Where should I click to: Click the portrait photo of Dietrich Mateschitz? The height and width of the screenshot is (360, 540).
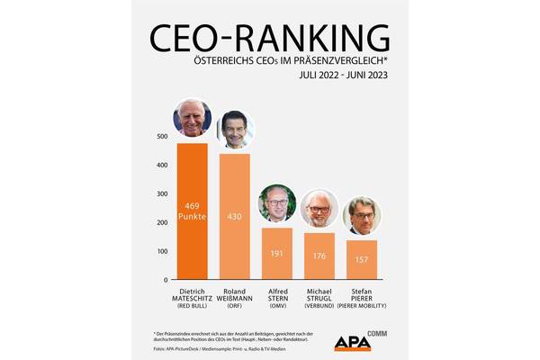point(192,118)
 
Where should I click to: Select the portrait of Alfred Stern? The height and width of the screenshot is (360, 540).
point(277,204)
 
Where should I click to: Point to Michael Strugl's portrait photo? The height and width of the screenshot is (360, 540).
point(319,209)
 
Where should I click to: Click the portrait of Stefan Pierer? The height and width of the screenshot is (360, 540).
point(362,216)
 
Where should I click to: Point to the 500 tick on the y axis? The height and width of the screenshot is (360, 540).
point(162,137)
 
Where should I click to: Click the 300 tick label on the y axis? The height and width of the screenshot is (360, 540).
point(162,193)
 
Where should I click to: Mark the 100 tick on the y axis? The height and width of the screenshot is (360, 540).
point(162,251)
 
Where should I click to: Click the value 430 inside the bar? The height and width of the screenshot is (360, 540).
point(235,218)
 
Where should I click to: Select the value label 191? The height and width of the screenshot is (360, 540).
point(277,254)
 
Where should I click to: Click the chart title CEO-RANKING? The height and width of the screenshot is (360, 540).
point(270,39)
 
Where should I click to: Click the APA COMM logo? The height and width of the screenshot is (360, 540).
point(360,342)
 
